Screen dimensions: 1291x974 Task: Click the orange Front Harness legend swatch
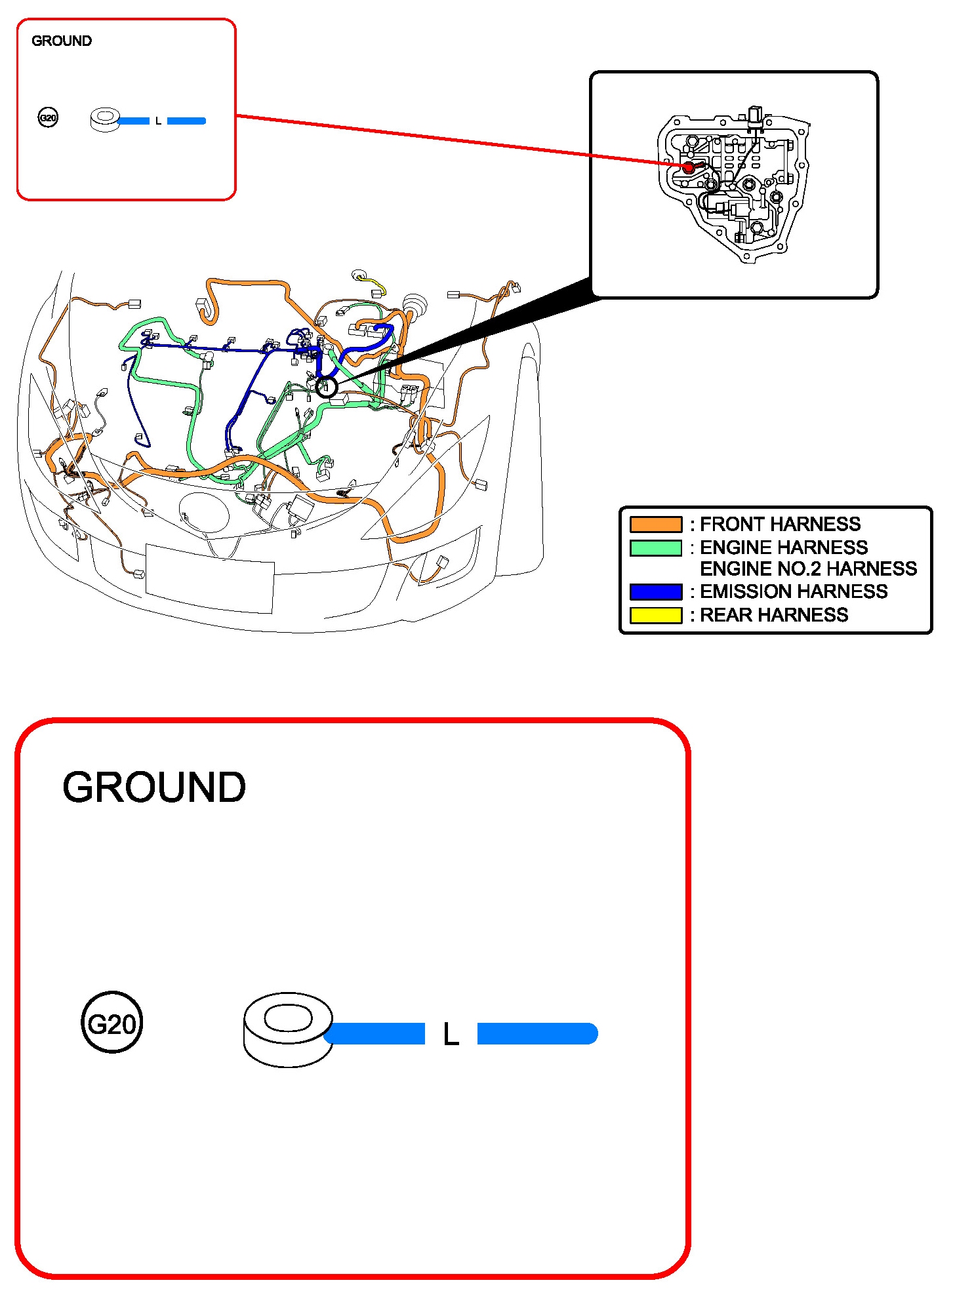(x=655, y=524)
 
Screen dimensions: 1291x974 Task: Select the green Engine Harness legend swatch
(x=655, y=547)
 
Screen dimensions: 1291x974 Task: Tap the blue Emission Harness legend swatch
(x=655, y=591)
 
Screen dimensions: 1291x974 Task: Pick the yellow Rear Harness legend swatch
(x=655, y=615)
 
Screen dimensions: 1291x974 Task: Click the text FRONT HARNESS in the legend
(x=780, y=524)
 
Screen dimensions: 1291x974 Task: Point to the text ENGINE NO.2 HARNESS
(x=808, y=568)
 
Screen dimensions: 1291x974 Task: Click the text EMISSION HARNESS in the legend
(x=794, y=591)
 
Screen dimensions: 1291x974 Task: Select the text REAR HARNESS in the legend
(x=774, y=615)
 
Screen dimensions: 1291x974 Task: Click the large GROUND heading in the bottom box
(x=154, y=787)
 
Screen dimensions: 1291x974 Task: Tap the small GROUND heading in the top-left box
(x=62, y=41)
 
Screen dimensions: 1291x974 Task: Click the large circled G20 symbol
(x=112, y=1023)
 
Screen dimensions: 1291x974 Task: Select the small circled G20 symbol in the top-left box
(x=48, y=118)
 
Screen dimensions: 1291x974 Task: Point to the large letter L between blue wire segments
(x=451, y=1035)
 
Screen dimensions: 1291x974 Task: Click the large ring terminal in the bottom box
(x=288, y=1029)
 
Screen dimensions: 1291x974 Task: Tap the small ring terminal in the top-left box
(x=104, y=120)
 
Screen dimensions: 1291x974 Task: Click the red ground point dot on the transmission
(x=689, y=167)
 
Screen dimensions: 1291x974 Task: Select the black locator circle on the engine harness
(x=326, y=387)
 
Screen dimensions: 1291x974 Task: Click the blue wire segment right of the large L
(x=537, y=1033)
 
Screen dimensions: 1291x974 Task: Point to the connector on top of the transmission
(x=755, y=115)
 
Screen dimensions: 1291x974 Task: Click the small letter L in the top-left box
(x=158, y=121)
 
